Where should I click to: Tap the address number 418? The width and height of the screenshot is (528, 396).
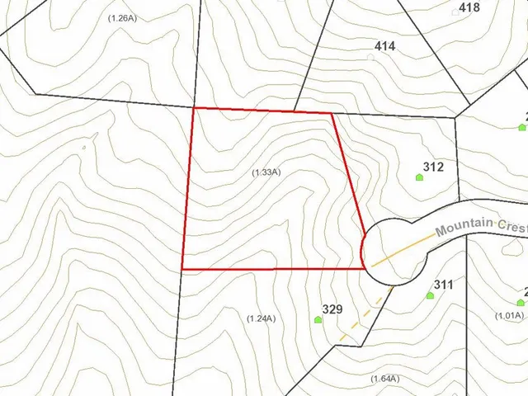coord(469,7)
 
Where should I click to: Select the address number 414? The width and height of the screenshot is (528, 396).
coord(384,46)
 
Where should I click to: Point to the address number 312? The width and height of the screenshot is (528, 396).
coord(433,167)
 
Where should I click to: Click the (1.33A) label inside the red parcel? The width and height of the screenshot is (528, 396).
coord(266,172)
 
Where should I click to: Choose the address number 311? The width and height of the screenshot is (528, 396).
coord(443,285)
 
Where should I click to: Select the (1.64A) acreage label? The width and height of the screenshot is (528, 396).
coord(384,379)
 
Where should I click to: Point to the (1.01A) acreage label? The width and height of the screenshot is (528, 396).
coord(509,315)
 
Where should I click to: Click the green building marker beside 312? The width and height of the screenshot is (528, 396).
coord(419,177)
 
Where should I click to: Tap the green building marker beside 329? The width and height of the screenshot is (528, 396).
coord(318,319)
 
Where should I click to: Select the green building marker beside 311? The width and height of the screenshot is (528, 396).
coord(430,295)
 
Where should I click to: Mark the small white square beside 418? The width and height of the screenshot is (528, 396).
coord(456,12)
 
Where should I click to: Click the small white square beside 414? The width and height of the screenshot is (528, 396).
coord(370,56)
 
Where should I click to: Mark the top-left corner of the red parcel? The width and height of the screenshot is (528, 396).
coord(193,108)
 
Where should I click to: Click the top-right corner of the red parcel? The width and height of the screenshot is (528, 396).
coord(332,114)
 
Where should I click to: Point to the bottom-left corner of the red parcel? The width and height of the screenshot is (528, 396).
coord(182,269)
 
